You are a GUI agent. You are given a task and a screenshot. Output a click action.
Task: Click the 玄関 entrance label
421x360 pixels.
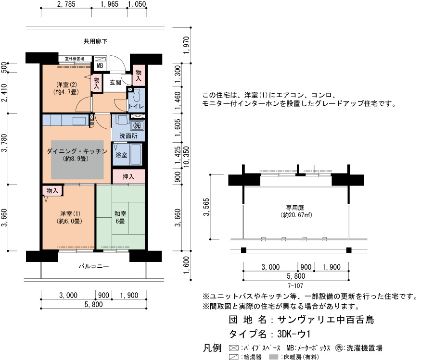115,82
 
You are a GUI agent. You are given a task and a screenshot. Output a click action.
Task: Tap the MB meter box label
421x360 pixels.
100,66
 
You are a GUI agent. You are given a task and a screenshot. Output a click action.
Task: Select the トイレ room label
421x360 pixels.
136,106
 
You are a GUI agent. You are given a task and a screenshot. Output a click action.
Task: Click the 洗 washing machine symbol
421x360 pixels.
137,125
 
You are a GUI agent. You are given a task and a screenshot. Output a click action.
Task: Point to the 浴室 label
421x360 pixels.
121,155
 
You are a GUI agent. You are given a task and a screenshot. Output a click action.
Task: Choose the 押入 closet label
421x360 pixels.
128,177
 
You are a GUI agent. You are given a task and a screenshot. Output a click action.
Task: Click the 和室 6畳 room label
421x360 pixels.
120,217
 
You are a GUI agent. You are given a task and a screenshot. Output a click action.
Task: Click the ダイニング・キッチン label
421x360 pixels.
77,151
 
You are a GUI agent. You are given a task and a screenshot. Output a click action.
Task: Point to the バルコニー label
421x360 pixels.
94,266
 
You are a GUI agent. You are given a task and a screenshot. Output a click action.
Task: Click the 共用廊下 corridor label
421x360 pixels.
95,41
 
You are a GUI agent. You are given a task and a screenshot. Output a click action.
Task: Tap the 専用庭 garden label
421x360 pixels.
295,208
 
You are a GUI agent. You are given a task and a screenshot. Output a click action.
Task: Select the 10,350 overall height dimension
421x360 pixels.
186,157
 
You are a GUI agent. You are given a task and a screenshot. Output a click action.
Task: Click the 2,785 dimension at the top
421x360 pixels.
66,4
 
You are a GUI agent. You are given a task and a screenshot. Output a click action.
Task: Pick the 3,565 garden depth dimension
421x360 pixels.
206,207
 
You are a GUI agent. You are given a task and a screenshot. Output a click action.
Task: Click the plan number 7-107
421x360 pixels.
295,286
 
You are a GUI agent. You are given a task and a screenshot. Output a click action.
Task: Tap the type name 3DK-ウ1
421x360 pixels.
294,334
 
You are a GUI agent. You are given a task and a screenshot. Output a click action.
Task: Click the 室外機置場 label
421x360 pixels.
75,59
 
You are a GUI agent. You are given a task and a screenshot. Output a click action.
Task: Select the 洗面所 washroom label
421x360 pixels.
128,136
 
